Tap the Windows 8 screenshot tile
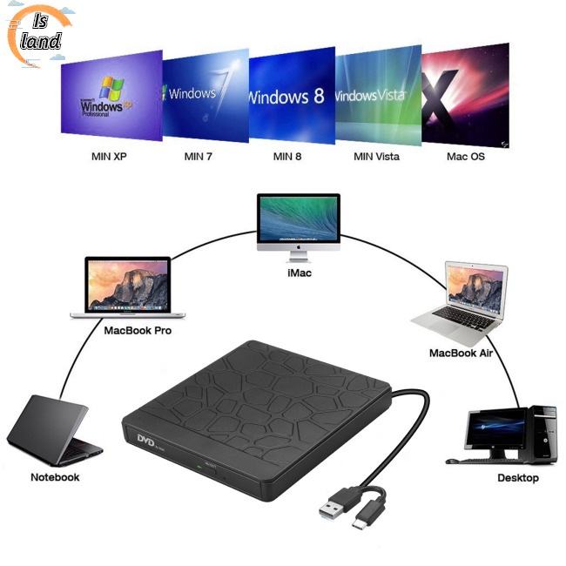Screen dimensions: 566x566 (x=292, y=94)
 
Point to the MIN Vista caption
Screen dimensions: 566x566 (x=376, y=157)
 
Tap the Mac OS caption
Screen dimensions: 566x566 (x=466, y=157)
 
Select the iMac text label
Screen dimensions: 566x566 (x=298, y=273)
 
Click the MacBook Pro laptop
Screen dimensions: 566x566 (x=131, y=287)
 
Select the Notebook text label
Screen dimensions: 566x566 (x=55, y=477)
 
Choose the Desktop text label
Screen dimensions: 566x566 (x=518, y=478)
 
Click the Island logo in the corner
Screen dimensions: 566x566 (x=39, y=35)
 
